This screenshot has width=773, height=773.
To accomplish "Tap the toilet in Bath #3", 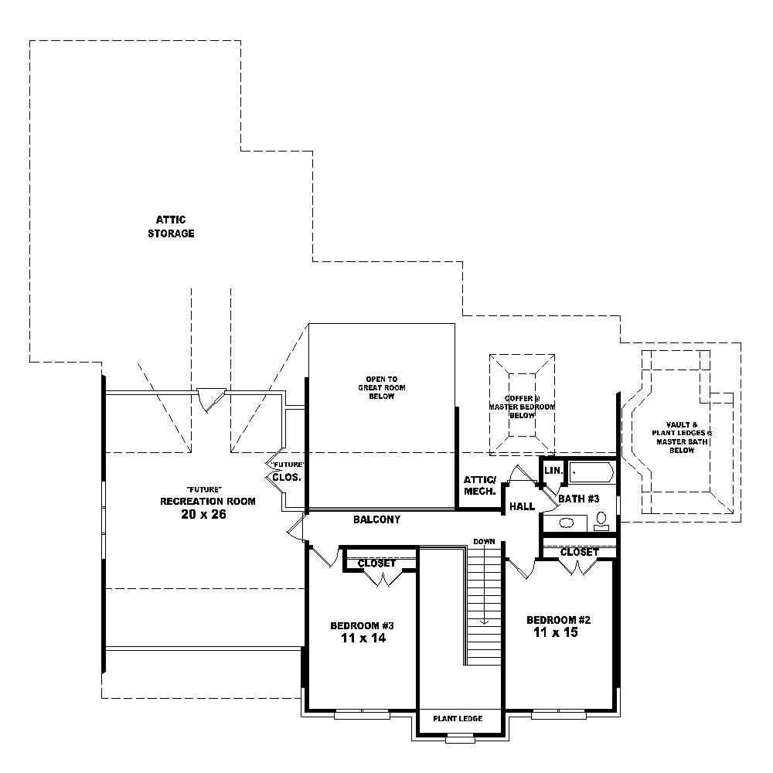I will [600, 524].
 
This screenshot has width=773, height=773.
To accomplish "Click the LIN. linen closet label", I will [553, 471].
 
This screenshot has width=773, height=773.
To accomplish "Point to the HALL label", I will [522, 507].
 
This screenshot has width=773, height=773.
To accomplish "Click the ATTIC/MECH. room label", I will [479, 485].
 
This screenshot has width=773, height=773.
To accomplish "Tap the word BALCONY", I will [376, 520].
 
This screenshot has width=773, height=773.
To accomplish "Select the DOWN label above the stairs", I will [484, 541].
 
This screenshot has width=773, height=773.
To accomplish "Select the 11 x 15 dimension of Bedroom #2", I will [556, 632].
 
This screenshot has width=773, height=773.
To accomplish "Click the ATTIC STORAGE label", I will [171, 226].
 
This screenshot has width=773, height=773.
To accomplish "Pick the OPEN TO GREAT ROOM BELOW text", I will [381, 387].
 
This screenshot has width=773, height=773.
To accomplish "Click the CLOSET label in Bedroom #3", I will [376, 564].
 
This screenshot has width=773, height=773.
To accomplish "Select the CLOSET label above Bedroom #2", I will [579, 552].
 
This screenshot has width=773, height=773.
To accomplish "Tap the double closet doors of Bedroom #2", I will [578, 568].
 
